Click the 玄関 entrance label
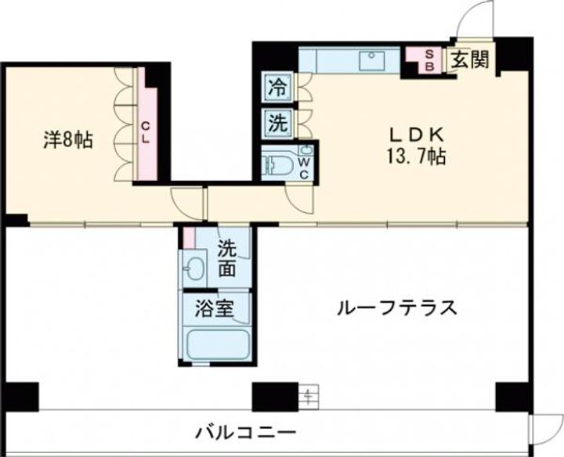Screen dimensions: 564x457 coord(470,59)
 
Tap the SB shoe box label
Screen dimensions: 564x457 coord(429,60)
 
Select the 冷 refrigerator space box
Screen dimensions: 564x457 coord(278,87)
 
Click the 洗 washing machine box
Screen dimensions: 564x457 coord(278,123)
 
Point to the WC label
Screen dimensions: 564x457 coord(304,168)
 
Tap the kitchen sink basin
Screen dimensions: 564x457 coord(372,60)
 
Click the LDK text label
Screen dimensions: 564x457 coord(417,135)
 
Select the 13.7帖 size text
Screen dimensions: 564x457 coord(417,157)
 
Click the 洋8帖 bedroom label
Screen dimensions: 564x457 coord(68,140)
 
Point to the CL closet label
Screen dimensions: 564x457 coord(146,131)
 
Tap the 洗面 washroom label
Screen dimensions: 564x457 coord(227,258)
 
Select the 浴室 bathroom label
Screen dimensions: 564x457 coord(215,308)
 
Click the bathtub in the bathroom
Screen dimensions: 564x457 coord(219,344)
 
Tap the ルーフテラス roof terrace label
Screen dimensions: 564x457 coord(396,308)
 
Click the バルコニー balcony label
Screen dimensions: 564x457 coord(246,432)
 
